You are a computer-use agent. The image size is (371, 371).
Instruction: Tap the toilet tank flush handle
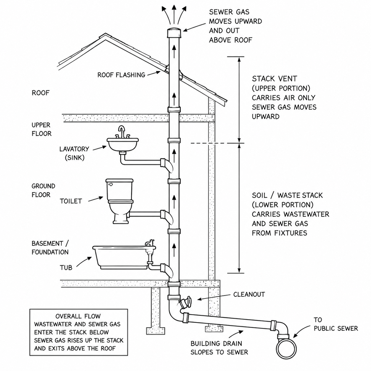110,184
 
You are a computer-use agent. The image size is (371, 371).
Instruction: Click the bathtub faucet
150,243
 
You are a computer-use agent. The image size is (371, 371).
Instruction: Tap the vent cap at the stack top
174,33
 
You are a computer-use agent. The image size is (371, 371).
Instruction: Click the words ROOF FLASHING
121,75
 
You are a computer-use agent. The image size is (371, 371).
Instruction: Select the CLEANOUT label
249,294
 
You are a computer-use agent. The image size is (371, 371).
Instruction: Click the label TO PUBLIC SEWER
336,324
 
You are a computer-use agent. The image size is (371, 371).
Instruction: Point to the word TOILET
71,201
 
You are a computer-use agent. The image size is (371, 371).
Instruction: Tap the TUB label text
66,267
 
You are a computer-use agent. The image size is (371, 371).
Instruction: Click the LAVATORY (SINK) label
74,153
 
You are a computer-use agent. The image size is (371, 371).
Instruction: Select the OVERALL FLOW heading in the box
78,316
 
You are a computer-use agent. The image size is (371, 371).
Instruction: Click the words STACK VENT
275,79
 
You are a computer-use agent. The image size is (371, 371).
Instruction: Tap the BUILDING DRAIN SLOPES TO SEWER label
219,348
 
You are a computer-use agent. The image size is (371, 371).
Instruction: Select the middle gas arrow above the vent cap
174,14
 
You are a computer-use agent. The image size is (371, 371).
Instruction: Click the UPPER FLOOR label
41,129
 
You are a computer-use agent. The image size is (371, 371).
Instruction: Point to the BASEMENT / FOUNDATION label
50,248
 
